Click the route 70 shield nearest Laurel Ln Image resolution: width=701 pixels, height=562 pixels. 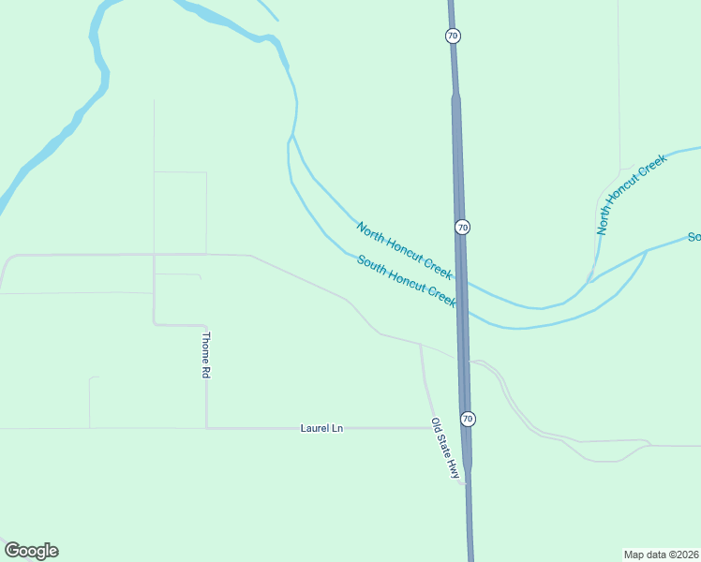click(x=468, y=418)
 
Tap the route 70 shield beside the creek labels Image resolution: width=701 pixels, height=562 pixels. click(x=462, y=228)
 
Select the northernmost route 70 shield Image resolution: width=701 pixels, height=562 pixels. click(x=453, y=36)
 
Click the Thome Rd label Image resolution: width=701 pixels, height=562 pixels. click(x=206, y=355)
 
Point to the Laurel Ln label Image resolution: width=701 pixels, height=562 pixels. click(x=321, y=428)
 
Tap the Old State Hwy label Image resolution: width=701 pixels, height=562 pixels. click(x=445, y=449)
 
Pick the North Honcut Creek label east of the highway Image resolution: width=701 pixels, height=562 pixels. click(x=632, y=195)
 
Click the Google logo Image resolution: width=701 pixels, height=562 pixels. click(x=31, y=551)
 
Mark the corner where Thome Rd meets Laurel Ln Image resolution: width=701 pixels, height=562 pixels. click(x=207, y=428)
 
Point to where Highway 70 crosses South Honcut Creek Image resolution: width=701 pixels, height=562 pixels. click(x=464, y=310)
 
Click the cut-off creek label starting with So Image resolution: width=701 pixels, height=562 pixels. click(x=694, y=237)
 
